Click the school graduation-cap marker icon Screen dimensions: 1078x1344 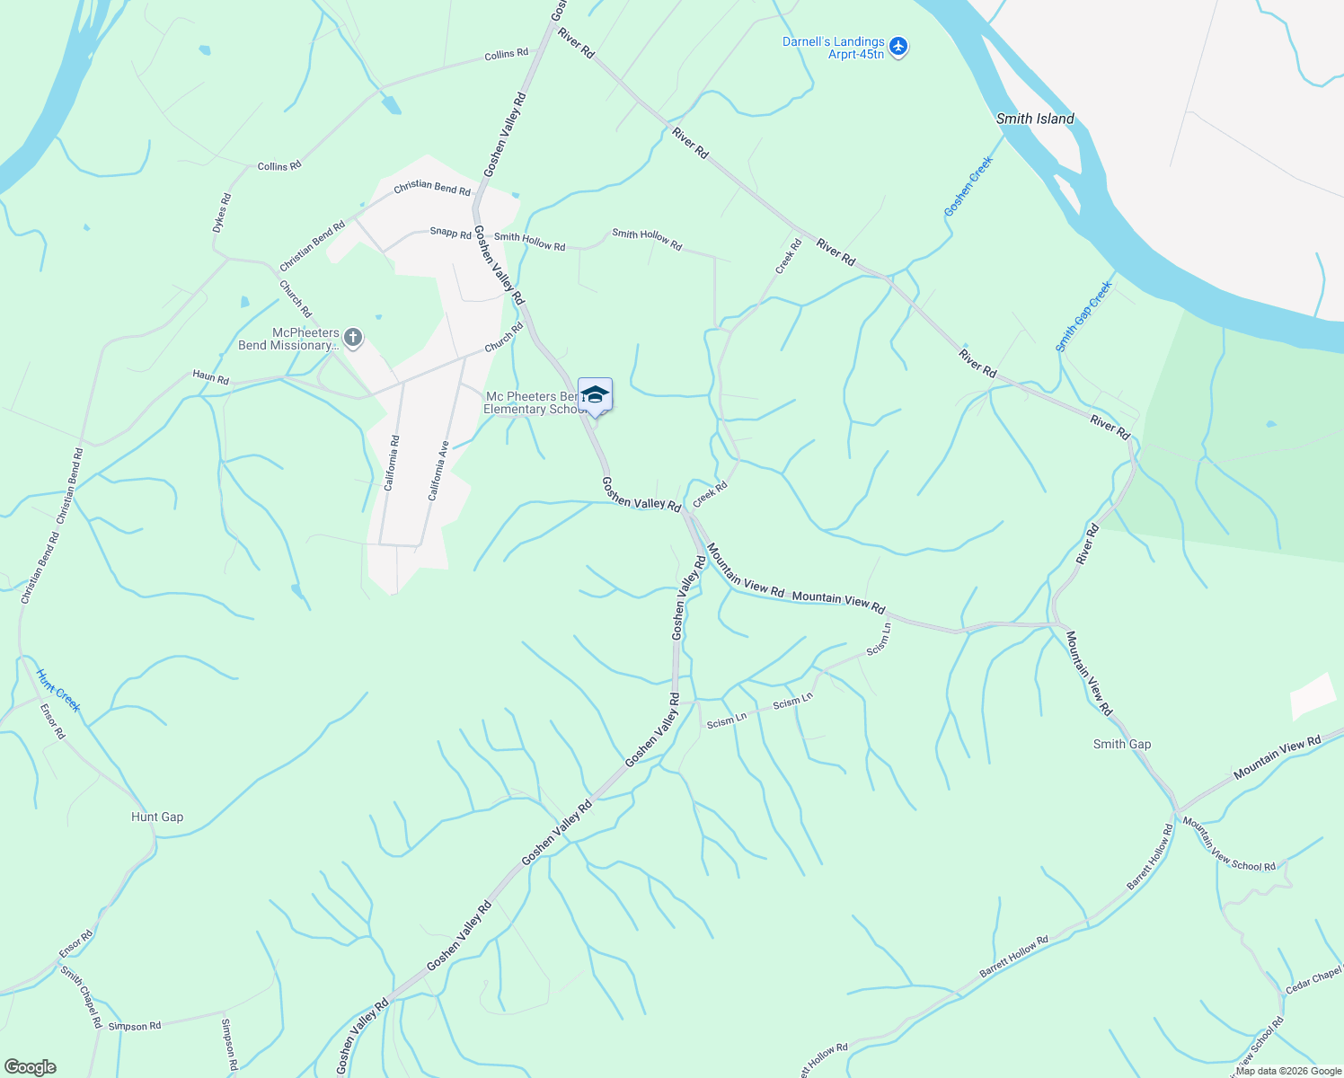[595, 395]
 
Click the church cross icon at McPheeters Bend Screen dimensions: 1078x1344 [353, 338]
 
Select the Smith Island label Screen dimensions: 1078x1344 [1035, 119]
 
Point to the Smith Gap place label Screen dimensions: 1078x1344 [1121, 744]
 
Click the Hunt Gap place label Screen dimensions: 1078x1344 [157, 817]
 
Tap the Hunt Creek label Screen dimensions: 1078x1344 [58, 690]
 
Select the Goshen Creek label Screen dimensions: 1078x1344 [968, 187]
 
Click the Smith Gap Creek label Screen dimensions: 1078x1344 [1083, 315]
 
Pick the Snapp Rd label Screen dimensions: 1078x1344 [450, 234]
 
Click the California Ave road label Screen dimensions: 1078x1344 [438, 470]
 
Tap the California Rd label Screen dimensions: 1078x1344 [391, 463]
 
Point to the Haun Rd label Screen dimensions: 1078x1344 [210, 378]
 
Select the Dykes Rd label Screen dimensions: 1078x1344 [222, 213]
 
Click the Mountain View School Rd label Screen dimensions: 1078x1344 [1228, 844]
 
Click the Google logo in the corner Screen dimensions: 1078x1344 [30, 1066]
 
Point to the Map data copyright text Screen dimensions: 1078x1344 [1288, 1071]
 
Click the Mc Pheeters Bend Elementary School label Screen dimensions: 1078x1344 [535, 402]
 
